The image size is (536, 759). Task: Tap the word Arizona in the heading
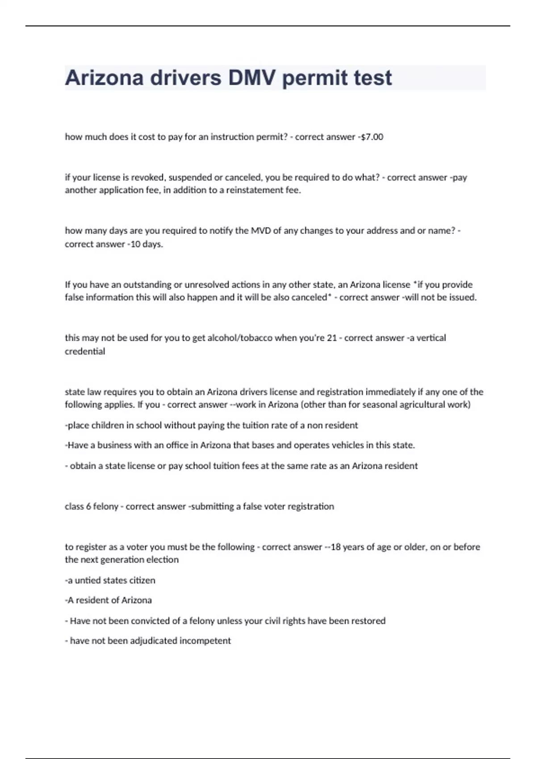(104, 78)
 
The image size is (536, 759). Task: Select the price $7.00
(372, 137)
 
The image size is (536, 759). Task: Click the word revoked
(148, 177)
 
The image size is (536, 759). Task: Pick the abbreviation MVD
(262, 230)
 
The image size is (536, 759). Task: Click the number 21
(331, 338)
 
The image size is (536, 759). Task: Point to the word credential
(85, 351)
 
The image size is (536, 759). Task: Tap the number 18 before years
(335, 547)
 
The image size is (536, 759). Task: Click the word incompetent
(205, 641)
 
